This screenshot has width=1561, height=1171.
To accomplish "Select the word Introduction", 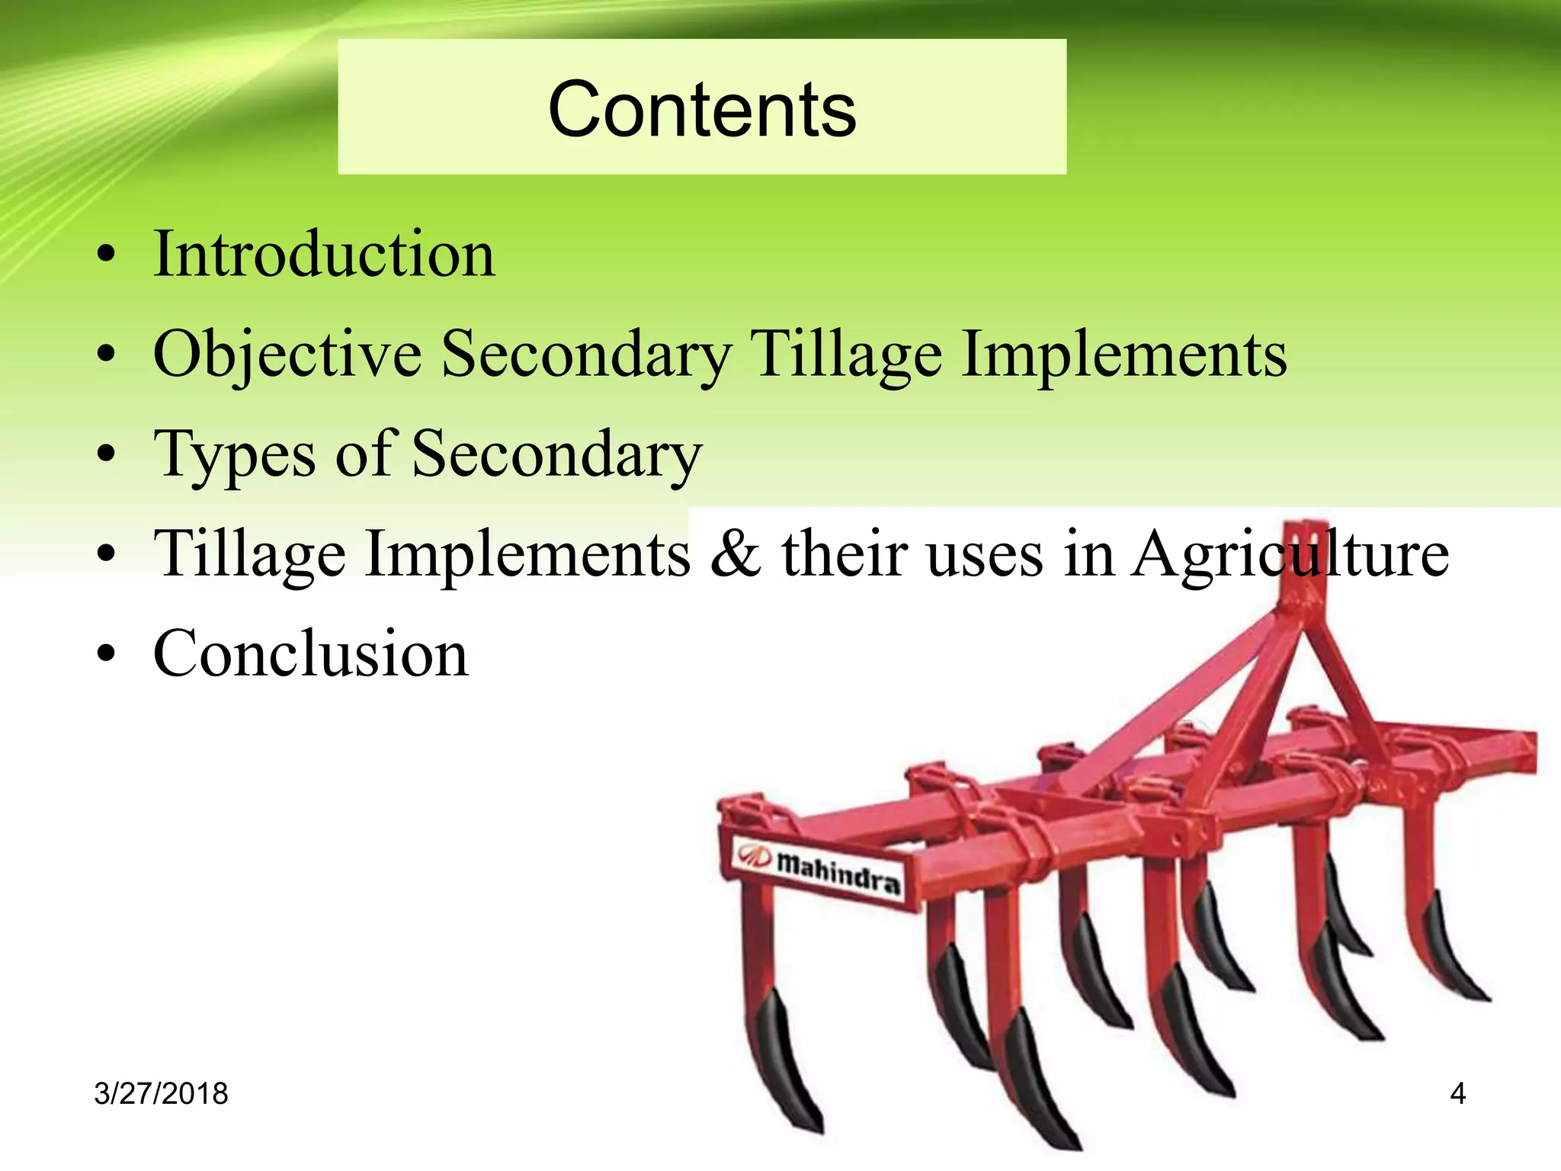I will tap(324, 254).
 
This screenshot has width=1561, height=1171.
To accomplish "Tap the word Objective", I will tap(287, 355).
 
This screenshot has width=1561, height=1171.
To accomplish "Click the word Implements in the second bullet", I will tap(1124, 355).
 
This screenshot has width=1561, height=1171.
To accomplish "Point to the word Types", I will tap(234, 455).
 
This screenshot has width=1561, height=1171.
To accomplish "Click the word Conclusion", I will tap(310, 654).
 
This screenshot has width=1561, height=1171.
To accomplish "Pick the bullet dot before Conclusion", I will tap(107, 654).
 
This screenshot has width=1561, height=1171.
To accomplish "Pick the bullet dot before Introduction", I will tap(107, 254).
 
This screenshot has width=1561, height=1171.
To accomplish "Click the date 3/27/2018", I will tap(161, 1093).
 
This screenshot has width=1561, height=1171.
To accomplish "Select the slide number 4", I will tap(1457, 1094).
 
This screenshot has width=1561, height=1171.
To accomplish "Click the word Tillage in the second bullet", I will tap(846, 355).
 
